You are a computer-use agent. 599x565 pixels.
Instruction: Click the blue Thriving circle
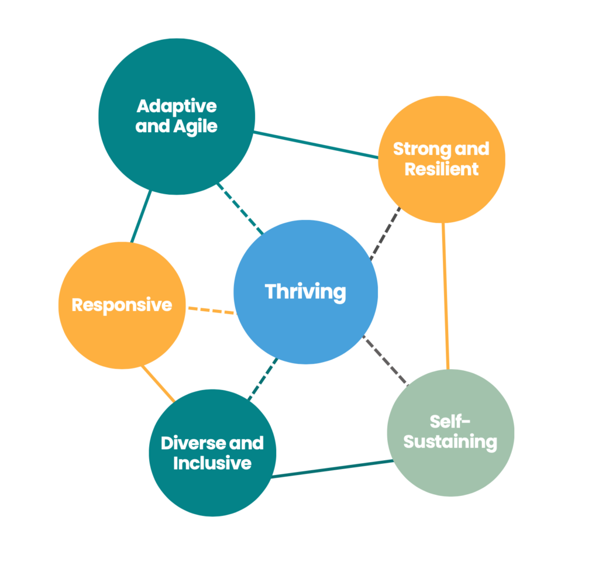point(305,316)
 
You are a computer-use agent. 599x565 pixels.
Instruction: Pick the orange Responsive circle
point(122,333)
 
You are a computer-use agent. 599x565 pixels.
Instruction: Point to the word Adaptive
point(177,106)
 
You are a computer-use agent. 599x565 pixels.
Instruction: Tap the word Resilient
point(442,169)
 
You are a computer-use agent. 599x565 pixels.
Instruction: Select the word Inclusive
point(212,463)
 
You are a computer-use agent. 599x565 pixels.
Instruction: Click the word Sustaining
point(450,442)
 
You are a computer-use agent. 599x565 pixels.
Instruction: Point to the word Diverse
point(185,443)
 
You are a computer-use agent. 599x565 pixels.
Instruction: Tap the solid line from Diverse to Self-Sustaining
point(332,469)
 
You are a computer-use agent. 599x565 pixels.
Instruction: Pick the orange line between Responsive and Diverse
point(158,384)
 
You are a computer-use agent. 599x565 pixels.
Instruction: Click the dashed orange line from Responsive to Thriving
point(210,309)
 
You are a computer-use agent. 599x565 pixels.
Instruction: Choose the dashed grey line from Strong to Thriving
point(385,233)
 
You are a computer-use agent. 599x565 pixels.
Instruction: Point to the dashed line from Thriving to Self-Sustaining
point(384,360)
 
